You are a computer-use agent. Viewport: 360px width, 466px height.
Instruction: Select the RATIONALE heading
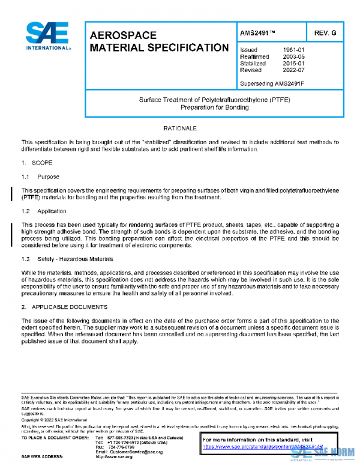click(180, 129)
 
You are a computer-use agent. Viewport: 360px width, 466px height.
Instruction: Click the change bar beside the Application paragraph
click(13, 231)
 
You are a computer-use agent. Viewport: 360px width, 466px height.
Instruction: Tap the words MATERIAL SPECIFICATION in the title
click(158, 47)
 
